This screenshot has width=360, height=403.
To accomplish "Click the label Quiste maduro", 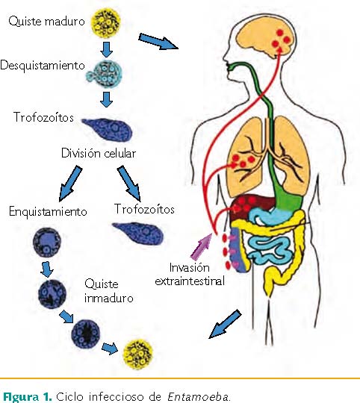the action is (x=46, y=21).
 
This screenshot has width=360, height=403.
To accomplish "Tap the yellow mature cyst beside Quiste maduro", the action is (x=106, y=22).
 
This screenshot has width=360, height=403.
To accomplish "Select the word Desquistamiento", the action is (x=43, y=66).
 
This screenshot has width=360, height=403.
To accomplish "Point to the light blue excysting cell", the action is (x=105, y=75).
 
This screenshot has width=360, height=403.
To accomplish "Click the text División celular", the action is (x=99, y=154).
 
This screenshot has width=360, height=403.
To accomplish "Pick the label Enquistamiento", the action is (x=48, y=211).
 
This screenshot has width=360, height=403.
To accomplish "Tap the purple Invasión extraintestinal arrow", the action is (x=202, y=246).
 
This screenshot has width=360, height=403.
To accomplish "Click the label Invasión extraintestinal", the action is (x=190, y=274).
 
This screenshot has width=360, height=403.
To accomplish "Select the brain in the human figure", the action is (x=267, y=41).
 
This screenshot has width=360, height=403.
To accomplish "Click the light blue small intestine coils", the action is (x=271, y=251).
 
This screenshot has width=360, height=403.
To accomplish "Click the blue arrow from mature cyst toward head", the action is (x=158, y=41).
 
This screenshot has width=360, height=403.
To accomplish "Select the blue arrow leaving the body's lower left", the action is (x=225, y=324).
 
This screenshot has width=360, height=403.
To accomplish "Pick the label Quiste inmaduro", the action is (x=109, y=291).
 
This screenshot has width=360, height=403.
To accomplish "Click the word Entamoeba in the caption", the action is (x=198, y=396).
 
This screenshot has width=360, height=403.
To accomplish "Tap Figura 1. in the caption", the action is (x=27, y=396).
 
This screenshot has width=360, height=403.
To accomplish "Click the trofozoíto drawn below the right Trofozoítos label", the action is (x=138, y=233).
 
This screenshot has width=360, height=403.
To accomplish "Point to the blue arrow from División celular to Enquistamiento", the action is (x=70, y=184).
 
